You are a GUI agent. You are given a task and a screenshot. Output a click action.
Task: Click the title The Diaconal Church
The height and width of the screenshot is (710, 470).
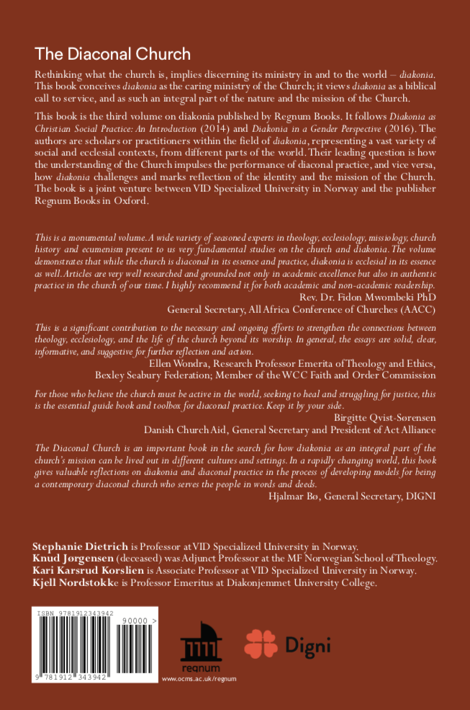113,54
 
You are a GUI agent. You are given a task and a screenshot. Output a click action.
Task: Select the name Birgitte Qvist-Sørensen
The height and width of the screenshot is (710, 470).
385,417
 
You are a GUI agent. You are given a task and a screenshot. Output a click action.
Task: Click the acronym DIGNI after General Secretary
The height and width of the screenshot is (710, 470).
420,495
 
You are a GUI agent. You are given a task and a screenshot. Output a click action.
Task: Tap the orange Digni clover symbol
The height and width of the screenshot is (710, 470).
261,644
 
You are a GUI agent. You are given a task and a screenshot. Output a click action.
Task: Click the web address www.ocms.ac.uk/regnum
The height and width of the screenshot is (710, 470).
199,678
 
